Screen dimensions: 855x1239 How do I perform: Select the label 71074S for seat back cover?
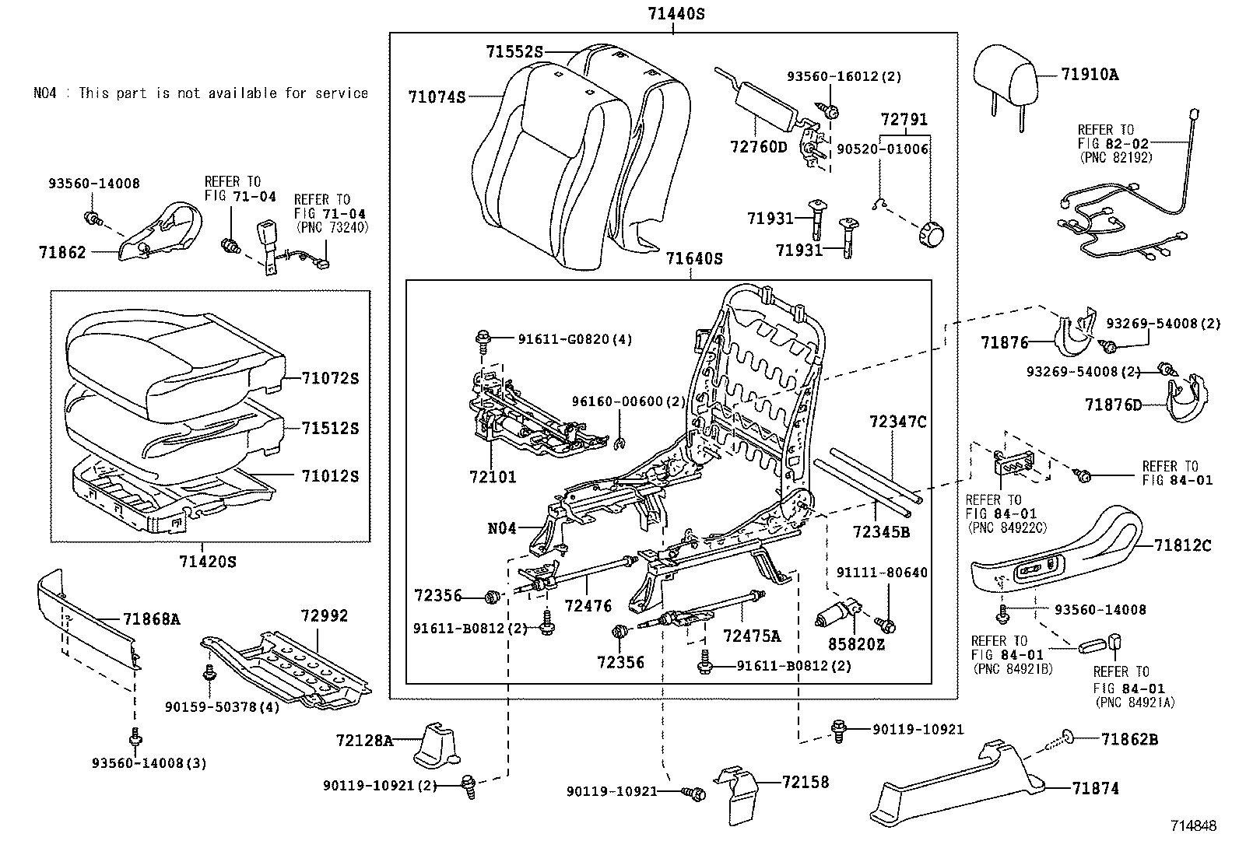coord(436,97)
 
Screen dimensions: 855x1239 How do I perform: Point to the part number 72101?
coord(492,477)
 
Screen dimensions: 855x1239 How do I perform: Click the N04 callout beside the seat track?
coord(502,529)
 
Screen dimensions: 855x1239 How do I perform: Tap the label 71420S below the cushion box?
coord(207,561)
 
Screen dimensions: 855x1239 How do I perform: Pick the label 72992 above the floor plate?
coord(325,616)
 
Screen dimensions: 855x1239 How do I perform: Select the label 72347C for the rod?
coord(898,422)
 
